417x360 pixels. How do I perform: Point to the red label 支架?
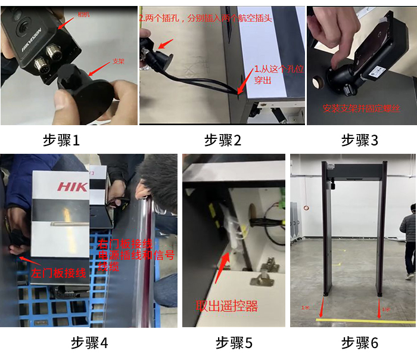coord(118,61)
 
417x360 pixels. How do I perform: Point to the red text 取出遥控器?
coord(226,306)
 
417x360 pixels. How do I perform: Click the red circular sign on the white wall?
coord(307,208)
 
